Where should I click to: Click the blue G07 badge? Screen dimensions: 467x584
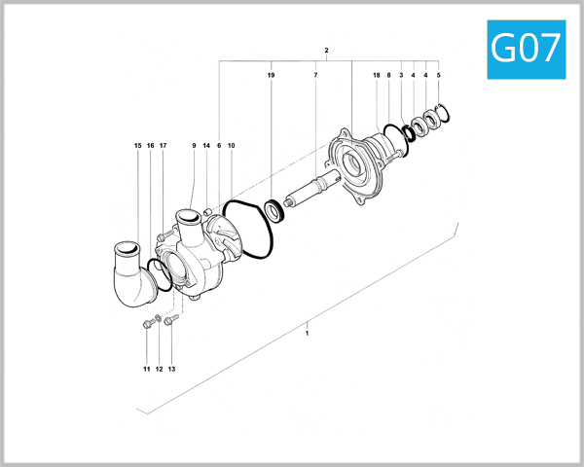point(526,48)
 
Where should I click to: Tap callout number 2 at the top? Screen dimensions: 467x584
point(326,50)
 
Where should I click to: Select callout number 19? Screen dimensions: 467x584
point(272,75)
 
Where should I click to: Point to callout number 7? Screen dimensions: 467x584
point(315,75)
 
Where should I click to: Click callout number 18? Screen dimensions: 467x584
point(377,75)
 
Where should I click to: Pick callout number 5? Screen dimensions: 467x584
point(438,75)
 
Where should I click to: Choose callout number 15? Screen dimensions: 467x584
point(138,146)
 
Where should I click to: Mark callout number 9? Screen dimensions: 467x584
point(194,146)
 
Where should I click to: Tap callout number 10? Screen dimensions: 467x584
point(232,146)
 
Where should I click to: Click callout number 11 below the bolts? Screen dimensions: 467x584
point(147,370)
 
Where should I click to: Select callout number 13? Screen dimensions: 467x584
point(171,370)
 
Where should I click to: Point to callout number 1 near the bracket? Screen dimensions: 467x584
point(307,333)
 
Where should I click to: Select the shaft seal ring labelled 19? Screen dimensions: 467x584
point(274,209)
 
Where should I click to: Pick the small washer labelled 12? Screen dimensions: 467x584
point(160,318)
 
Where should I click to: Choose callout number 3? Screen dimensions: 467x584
point(401,75)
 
